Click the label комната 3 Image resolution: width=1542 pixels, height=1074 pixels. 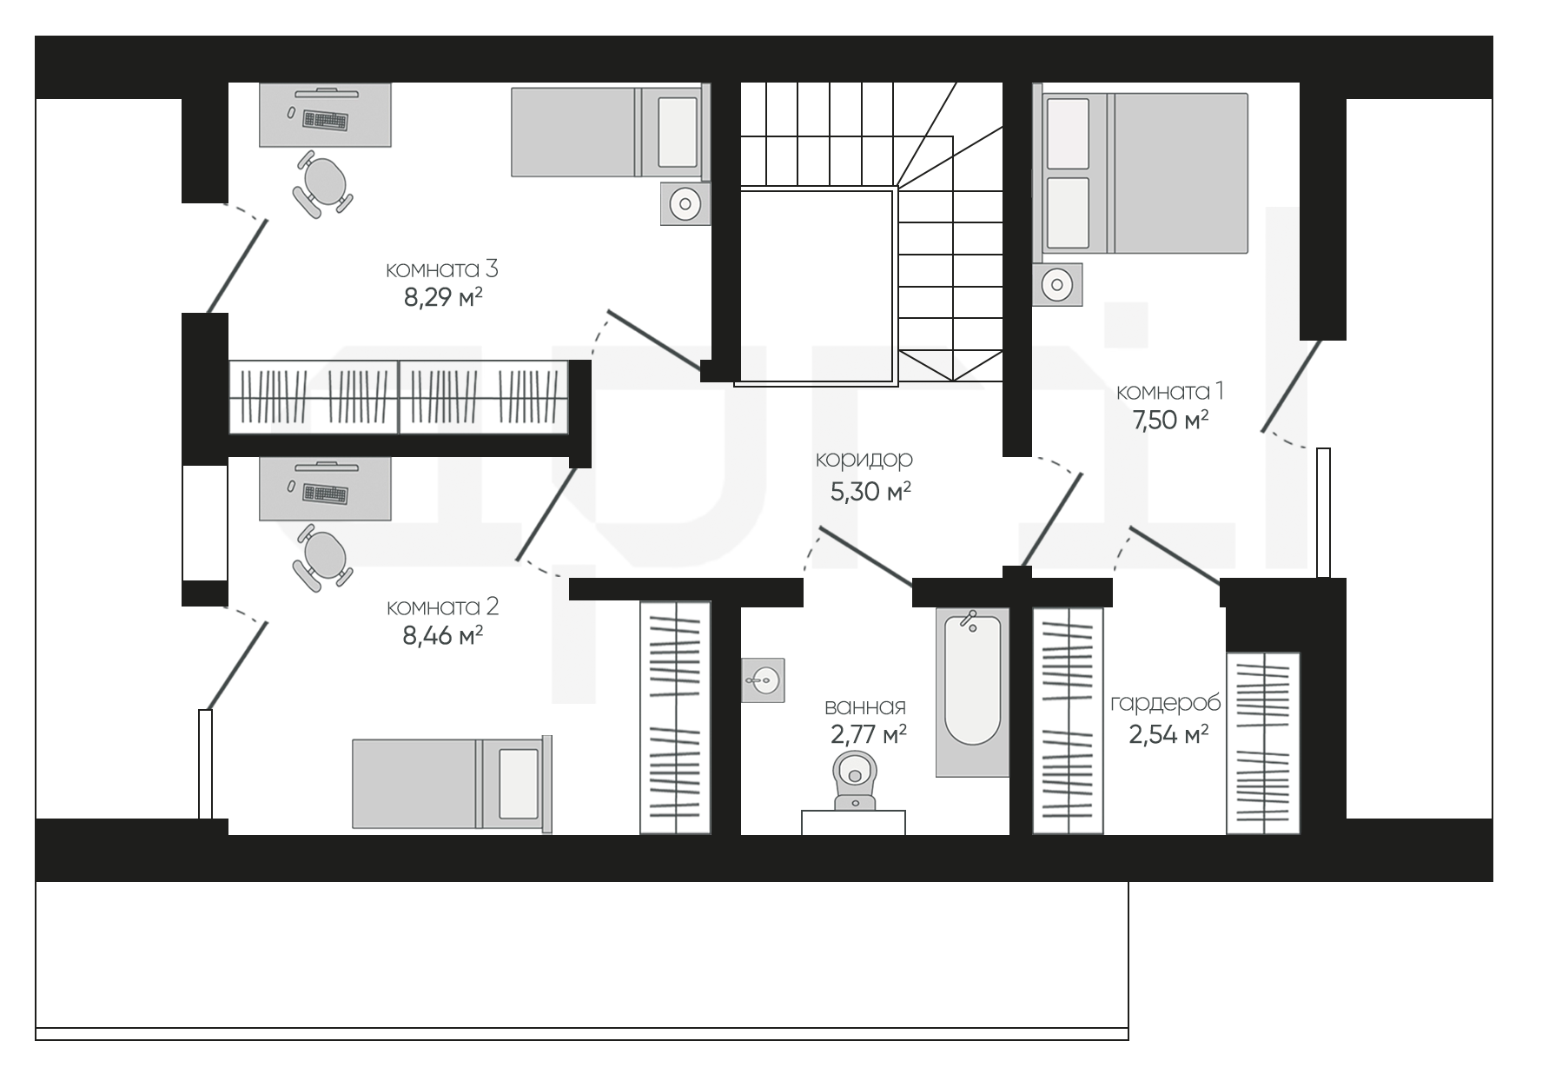441,269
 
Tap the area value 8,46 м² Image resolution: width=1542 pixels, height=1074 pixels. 442,636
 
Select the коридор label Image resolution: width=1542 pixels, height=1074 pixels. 864,459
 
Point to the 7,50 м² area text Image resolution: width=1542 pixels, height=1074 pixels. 1170,421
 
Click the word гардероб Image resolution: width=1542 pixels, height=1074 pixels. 1165,703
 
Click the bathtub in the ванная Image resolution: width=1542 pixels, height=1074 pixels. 972,692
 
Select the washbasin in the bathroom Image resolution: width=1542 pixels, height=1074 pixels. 763,680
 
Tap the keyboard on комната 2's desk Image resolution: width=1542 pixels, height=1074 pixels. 325,494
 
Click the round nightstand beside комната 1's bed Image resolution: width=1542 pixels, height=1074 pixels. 1057,284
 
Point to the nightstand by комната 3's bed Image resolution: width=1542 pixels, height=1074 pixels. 685,204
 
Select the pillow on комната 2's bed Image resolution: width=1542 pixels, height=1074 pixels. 518,784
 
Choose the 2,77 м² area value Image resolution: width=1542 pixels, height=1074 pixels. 869,735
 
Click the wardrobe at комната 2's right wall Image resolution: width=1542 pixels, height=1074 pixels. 675,718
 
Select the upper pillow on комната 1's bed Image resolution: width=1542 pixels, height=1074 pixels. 1068,134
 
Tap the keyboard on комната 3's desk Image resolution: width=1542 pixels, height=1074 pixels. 325,120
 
